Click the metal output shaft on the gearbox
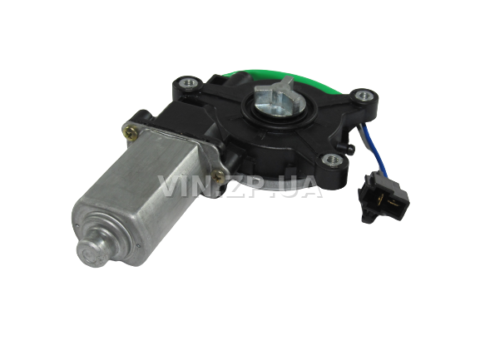coord(275,98)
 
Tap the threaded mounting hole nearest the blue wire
coord(364,95)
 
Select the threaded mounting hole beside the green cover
coord(186,83)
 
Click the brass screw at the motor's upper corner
coord(131,133)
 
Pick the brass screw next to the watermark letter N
coord(219,175)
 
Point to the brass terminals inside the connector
coord(386,201)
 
